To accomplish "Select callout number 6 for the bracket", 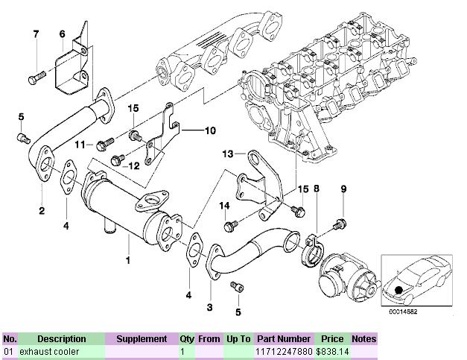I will click(62, 34).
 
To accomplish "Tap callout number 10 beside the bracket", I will click(210, 130).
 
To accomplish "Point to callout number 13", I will click(228, 154).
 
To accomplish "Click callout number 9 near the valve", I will click(343, 190).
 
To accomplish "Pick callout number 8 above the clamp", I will click(317, 190).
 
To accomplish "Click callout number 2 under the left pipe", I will click(42, 211).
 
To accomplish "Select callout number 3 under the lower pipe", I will click(209, 306).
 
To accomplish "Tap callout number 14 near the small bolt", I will click(223, 204).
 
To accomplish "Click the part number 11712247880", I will click(283, 350).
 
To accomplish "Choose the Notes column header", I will click(364, 338).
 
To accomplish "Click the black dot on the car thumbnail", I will click(400, 289).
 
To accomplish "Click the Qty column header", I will click(186, 338).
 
